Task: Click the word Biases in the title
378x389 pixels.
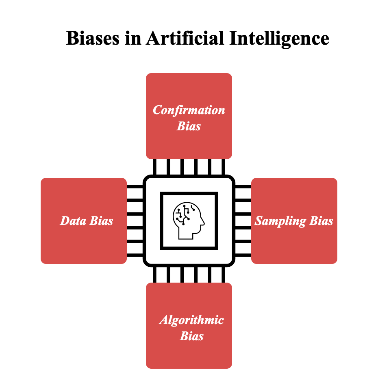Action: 93,39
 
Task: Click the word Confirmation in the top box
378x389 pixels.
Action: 189,110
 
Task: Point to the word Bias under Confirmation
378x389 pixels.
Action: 189,126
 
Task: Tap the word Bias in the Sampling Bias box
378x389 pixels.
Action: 321,221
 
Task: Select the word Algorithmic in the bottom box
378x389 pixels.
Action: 191,320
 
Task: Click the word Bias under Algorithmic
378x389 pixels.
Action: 191,336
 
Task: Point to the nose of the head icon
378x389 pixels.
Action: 203,222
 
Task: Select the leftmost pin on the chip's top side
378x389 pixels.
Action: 154,167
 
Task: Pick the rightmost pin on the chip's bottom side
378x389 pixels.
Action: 223,275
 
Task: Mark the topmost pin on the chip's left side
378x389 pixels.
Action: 135,186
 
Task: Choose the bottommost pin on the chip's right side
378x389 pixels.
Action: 243,255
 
